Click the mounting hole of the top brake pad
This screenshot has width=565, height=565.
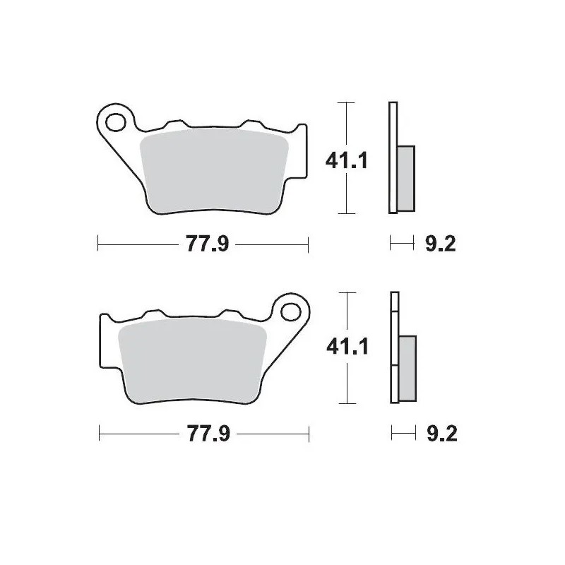pyautogui.click(x=113, y=121)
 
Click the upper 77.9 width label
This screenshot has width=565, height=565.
pyautogui.click(x=200, y=245)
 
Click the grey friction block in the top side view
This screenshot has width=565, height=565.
pyautogui.click(x=406, y=177)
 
